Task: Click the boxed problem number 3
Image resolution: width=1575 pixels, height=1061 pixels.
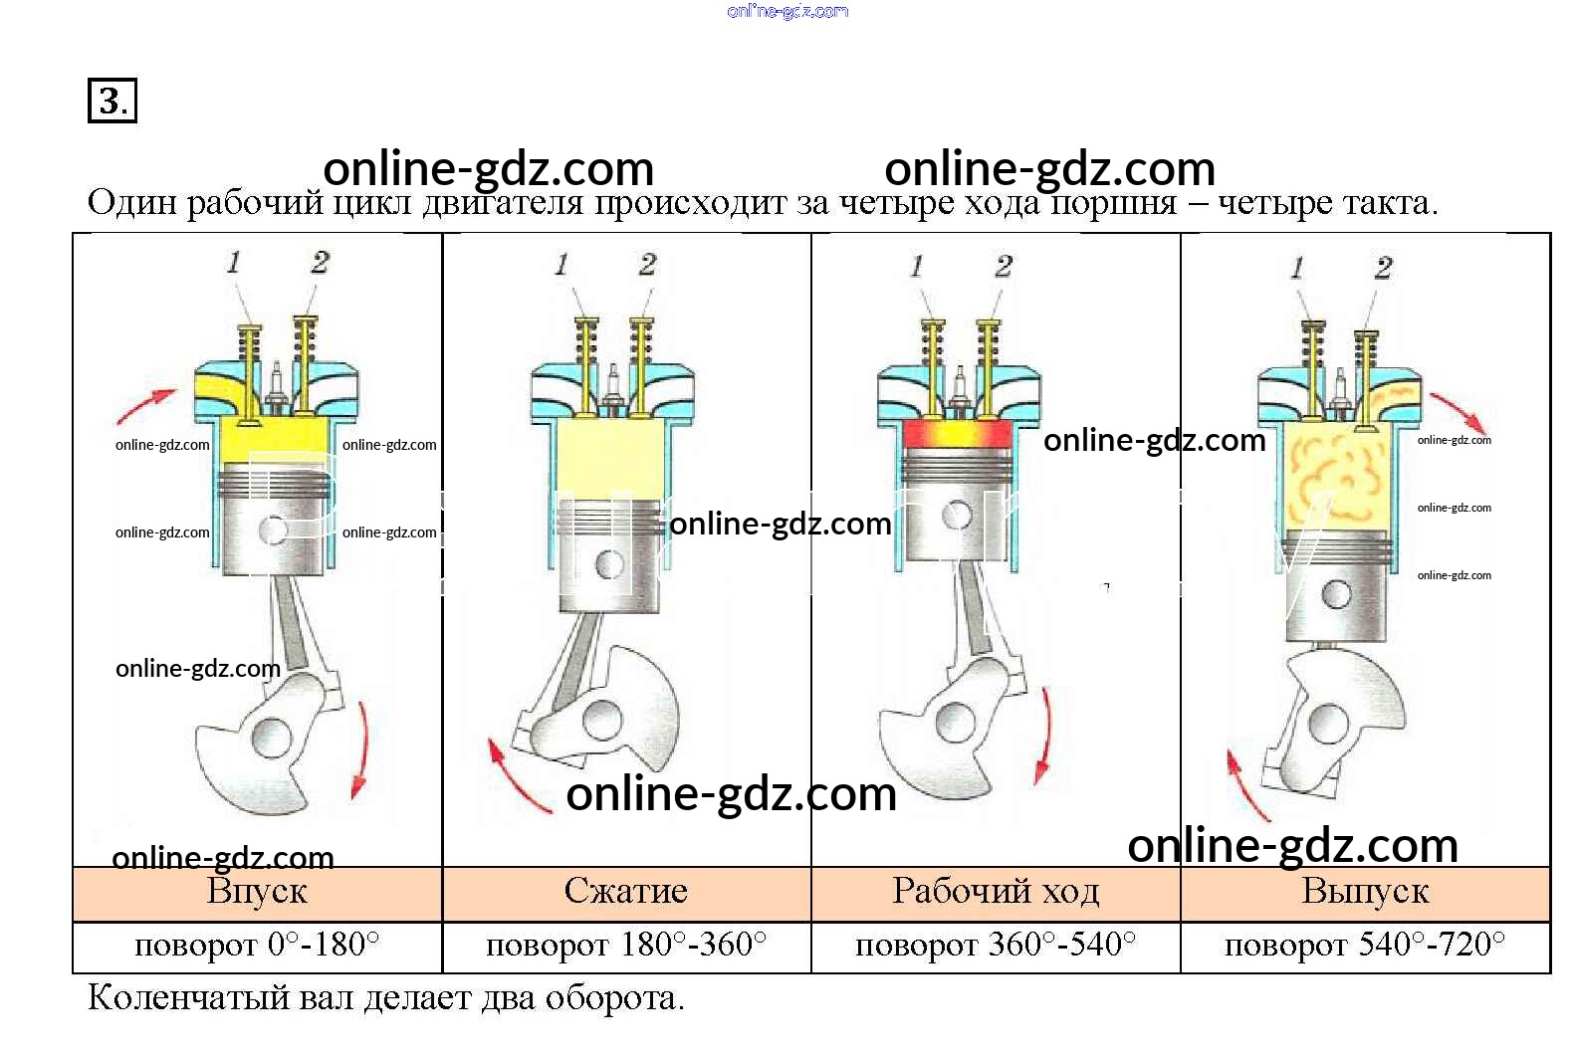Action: (x=112, y=101)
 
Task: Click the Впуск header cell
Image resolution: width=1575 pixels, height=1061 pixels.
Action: (x=257, y=894)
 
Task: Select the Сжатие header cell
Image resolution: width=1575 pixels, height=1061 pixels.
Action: (x=626, y=894)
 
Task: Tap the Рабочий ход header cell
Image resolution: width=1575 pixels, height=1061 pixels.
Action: (x=996, y=894)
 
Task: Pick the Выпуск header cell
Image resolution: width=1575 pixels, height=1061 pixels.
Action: (x=1366, y=894)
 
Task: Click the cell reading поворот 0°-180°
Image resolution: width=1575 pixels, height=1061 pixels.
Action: (x=257, y=947)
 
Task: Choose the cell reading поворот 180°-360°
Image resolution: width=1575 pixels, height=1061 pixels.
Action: (x=626, y=947)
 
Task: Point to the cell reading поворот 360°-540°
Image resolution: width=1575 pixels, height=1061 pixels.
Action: (x=996, y=947)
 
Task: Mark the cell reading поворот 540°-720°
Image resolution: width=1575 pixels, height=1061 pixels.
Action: (x=1366, y=947)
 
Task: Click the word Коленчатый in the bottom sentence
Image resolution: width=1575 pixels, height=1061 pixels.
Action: (x=188, y=998)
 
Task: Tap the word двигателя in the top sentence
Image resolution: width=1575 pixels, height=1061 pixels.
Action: (x=504, y=204)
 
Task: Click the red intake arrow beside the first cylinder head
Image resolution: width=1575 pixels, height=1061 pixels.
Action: (x=146, y=406)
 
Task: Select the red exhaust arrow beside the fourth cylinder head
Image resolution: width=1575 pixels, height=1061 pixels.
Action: (x=1459, y=413)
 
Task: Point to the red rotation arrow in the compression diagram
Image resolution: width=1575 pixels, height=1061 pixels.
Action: (x=519, y=777)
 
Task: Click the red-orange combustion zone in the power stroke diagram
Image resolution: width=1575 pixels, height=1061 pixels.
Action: (x=958, y=435)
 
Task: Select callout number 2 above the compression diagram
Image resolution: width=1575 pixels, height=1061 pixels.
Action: (x=648, y=265)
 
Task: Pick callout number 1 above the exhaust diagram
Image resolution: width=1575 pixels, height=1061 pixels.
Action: (x=1296, y=267)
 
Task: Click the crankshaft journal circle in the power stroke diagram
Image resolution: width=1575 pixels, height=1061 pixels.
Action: (x=955, y=723)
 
